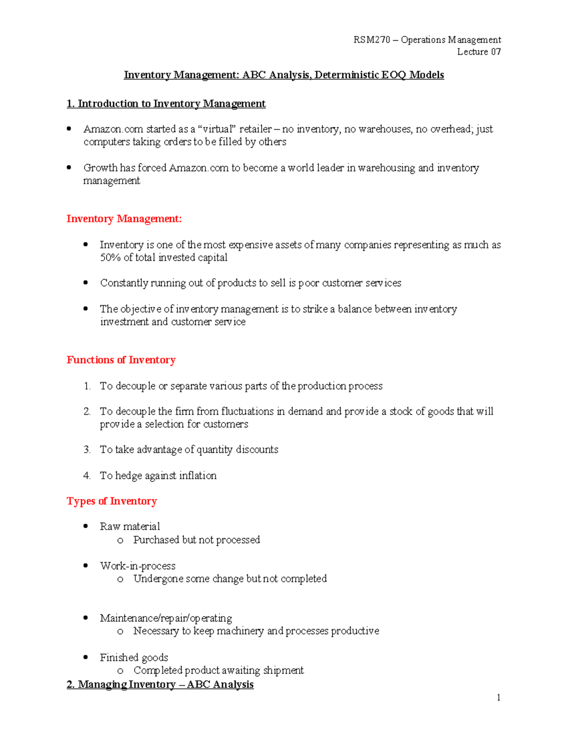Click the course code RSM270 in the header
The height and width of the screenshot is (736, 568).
[x=372, y=40]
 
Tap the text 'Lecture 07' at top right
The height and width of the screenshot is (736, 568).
[x=479, y=52]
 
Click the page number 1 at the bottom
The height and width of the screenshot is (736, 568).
[x=498, y=697]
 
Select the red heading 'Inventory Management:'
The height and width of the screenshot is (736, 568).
[x=124, y=218]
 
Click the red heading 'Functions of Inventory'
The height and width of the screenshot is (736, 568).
[x=121, y=360]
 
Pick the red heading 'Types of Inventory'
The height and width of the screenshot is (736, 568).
[x=112, y=501]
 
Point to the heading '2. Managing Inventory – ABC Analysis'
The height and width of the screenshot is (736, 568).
[x=160, y=684]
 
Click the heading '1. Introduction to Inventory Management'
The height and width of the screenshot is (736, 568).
[x=166, y=104]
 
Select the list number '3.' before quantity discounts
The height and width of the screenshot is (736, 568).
[x=87, y=449]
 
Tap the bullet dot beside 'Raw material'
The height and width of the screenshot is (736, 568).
[x=86, y=526]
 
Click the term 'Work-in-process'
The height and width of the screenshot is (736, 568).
[x=137, y=566]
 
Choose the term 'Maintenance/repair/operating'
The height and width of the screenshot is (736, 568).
[x=166, y=618]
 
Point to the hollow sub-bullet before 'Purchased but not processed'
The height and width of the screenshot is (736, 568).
[x=120, y=540]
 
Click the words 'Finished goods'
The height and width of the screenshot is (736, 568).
[x=134, y=657]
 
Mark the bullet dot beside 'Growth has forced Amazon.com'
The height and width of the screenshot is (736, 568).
[x=69, y=167]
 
